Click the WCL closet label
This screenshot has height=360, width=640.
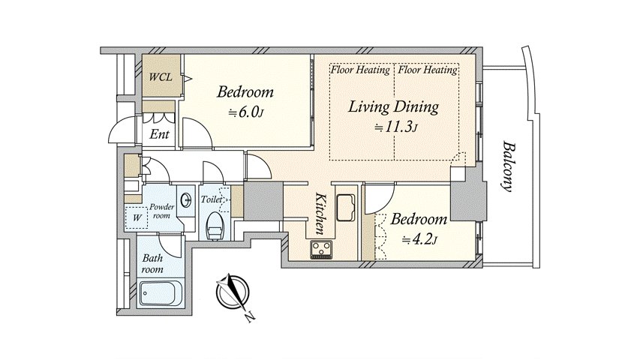[x=161, y=76]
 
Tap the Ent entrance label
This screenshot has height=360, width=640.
[x=159, y=134]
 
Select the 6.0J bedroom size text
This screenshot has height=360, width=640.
[x=245, y=112]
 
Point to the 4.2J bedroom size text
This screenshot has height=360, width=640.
[x=419, y=239]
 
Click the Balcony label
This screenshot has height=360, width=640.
[x=507, y=166]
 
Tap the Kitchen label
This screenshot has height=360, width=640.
[x=320, y=214]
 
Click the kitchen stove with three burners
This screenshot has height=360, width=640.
[x=321, y=250]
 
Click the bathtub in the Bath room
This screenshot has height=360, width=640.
[x=161, y=293]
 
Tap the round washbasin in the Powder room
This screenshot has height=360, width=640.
[x=187, y=199]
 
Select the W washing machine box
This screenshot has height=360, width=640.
[x=137, y=217]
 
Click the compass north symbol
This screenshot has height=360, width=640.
[x=232, y=292]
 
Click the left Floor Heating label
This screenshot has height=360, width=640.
[x=360, y=70]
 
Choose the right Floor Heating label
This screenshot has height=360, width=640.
[x=428, y=70]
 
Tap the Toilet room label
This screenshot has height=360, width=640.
[x=212, y=199]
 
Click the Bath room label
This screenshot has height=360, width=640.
[x=152, y=264]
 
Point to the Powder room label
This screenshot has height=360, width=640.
[x=161, y=211]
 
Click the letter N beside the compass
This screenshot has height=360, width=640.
[x=250, y=316]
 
